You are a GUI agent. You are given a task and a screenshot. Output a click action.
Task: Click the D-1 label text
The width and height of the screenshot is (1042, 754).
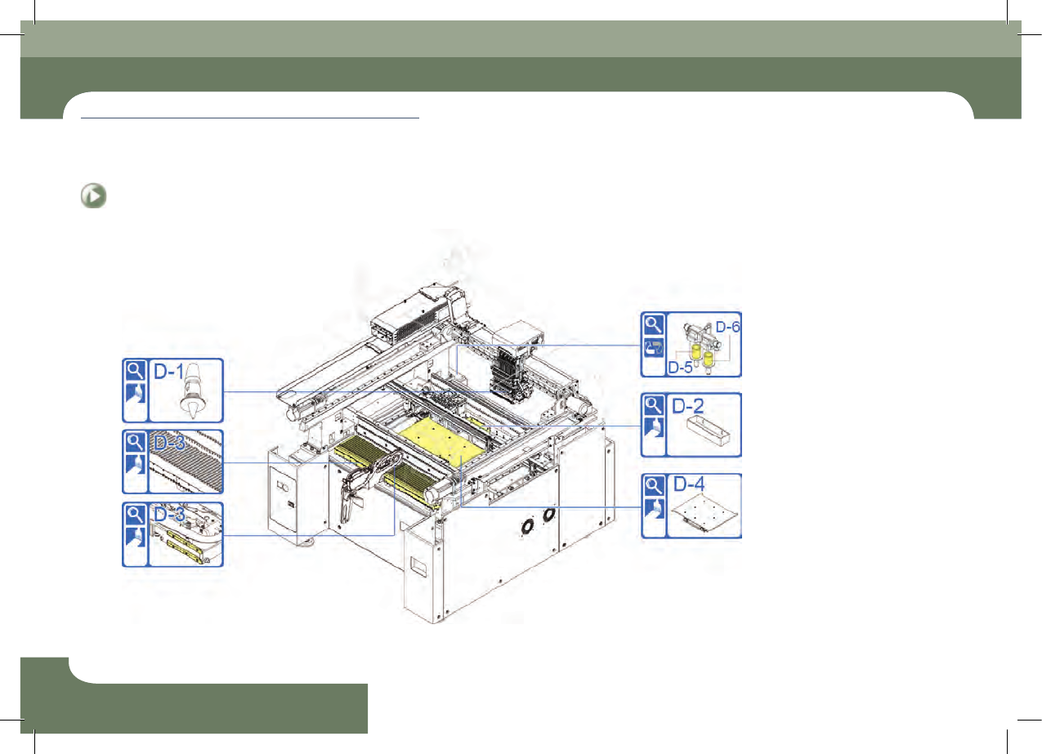coord(169,372)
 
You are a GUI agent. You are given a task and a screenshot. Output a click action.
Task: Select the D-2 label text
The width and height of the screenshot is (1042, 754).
coord(688,406)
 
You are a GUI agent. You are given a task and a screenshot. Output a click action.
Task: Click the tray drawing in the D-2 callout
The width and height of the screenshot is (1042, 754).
coord(708,431)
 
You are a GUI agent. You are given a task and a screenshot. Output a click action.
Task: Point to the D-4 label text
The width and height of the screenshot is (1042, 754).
coord(689,484)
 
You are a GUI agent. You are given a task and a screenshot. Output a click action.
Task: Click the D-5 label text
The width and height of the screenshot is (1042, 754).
coord(680,368)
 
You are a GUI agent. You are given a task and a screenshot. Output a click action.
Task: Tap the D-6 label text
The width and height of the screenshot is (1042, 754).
coord(727,328)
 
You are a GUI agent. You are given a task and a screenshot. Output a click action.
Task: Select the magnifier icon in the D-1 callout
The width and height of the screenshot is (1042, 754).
coord(136,371)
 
